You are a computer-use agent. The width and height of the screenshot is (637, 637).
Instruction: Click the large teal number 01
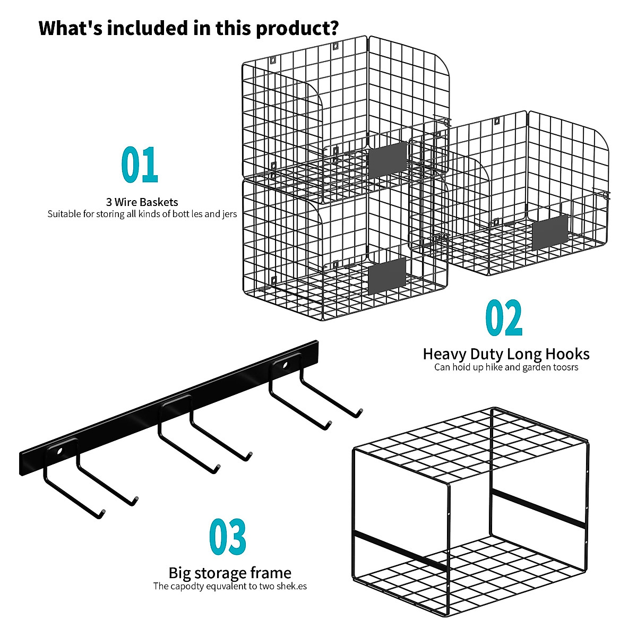[140, 165]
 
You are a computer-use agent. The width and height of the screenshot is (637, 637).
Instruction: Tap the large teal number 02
[504, 318]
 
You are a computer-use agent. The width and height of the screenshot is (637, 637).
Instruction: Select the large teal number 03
[228, 537]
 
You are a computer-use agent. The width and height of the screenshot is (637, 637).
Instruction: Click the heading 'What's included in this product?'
[189, 28]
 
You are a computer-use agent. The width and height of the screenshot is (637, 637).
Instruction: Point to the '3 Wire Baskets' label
[142, 202]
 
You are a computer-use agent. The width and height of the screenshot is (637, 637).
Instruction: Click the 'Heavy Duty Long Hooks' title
[506, 354]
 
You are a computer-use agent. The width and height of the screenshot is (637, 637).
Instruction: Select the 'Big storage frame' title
[230, 573]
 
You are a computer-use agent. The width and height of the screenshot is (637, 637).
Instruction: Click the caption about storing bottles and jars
[142, 214]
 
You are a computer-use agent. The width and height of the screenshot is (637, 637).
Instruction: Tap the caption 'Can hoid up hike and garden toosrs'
[506, 367]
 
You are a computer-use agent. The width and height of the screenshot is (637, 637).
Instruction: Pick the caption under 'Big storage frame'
[230, 587]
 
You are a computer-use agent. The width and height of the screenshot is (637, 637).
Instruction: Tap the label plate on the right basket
[550, 232]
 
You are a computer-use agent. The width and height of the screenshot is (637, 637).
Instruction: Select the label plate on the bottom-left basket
[387, 276]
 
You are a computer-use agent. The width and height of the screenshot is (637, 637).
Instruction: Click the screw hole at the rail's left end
[59, 451]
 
